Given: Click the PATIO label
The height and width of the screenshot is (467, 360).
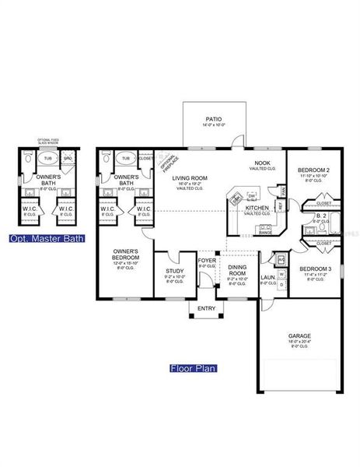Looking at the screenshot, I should pos(212,119).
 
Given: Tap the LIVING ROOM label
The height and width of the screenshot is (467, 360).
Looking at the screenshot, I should pos(189,178).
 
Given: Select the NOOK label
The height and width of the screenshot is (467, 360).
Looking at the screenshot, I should pos(261,163).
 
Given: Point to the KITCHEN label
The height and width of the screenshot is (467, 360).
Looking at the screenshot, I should pos(257,209).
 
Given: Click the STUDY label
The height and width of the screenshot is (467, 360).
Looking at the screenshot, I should pos(175,272).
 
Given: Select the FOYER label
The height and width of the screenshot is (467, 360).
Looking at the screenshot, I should pos(207,261).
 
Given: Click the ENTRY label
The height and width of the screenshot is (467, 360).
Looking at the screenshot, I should pos(207,309).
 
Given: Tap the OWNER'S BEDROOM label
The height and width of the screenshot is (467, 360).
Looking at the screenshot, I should pos(125,254).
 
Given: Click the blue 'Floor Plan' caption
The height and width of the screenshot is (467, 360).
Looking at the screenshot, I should pos(192,368).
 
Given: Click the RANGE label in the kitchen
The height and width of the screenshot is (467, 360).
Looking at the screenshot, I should pos(265,232).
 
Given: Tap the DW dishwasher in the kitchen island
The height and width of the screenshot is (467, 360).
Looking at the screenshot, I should pos(252,195).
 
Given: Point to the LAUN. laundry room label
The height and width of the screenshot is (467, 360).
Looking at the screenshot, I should pos(267,276).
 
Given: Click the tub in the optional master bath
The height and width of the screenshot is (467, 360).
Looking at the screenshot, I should pos(48,158).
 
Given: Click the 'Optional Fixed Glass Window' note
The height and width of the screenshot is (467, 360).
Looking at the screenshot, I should pos(48,142).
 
